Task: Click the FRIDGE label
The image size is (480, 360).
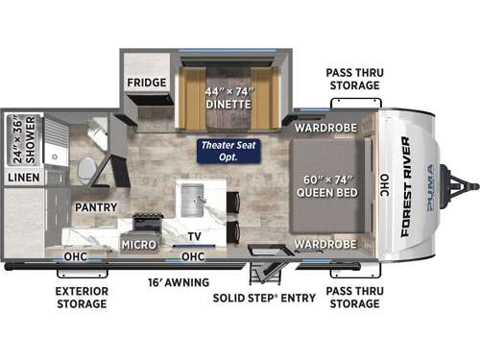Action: click(x=146, y=83)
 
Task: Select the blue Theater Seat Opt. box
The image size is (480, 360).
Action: click(x=222, y=151)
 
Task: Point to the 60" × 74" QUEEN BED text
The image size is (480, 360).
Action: click(x=329, y=181)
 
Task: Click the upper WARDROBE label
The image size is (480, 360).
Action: click(x=325, y=126)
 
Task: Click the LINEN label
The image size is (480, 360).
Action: click(x=23, y=179)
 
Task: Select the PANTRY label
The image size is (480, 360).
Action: click(x=94, y=206)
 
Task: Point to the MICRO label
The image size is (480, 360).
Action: click(x=138, y=244)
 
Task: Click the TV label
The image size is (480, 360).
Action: click(x=195, y=236)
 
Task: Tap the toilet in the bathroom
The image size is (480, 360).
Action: click(x=87, y=168)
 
